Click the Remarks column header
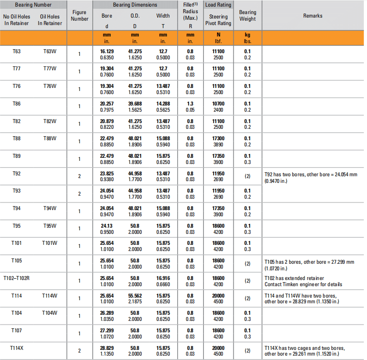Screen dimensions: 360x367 click(x=312, y=16)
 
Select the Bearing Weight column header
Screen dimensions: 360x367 click(x=247, y=16)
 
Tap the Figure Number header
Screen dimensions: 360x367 click(x=80, y=16)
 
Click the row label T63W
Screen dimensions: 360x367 click(x=50, y=51)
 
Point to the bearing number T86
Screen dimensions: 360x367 click(x=17, y=103)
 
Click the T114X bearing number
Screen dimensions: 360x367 click(x=17, y=348)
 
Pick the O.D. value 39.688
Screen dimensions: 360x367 click(x=135, y=104)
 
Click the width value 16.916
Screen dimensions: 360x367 click(x=163, y=278)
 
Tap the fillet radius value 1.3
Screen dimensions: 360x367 click(x=190, y=104)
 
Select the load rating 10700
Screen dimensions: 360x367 click(x=218, y=104)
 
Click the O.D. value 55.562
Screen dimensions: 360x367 click(x=135, y=296)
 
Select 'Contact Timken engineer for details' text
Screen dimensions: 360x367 click(x=303, y=284)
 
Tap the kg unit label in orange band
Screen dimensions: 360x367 click(x=247, y=35)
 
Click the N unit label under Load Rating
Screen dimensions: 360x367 click(x=218, y=35)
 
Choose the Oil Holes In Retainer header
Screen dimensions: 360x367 click(x=50, y=20)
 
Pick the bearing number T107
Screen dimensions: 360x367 click(x=17, y=331)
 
